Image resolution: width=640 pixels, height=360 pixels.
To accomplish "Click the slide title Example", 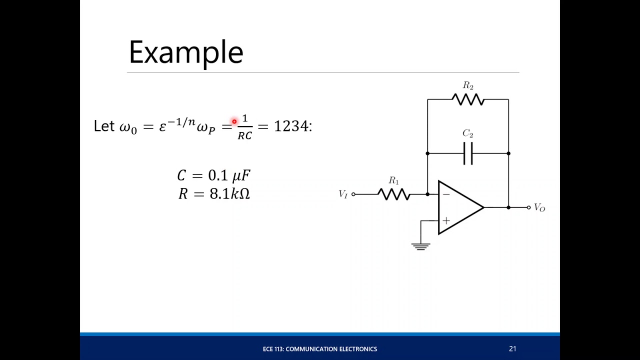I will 185,52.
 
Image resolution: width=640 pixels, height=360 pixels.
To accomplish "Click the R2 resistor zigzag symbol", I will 468,99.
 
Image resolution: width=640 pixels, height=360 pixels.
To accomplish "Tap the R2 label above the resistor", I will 468,86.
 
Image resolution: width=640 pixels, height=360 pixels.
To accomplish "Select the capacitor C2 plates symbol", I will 468,153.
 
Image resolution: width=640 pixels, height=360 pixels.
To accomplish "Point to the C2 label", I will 468,133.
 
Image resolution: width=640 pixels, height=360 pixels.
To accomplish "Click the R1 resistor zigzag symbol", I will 394,194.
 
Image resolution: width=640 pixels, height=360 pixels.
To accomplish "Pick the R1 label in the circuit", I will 394,180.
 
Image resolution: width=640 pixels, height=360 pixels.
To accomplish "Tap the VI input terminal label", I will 343,194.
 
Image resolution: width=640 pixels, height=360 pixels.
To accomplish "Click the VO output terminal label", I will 539,207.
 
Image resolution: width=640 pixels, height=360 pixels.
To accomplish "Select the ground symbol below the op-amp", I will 420,246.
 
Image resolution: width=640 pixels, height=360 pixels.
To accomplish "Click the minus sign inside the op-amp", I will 446,194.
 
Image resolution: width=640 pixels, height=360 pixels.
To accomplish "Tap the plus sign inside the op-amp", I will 446,220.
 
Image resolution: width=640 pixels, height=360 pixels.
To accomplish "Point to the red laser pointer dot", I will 234,121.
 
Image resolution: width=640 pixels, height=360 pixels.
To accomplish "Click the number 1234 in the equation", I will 291,126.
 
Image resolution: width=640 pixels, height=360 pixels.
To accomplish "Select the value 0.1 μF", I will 229,175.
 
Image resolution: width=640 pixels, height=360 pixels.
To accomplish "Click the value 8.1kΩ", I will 229,193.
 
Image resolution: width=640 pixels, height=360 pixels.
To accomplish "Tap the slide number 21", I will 512,349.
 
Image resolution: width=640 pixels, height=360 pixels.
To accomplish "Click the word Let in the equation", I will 104,126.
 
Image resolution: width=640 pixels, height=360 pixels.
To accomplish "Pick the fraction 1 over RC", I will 244,127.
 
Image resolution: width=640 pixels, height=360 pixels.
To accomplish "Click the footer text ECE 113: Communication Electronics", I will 320,349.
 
